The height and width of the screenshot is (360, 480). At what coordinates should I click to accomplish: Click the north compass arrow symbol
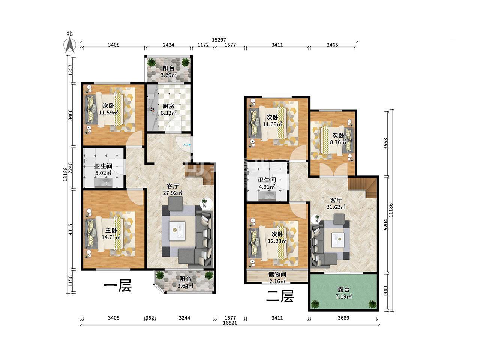click(70, 45)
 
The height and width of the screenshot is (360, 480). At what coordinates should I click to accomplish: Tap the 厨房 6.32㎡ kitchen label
click(168, 109)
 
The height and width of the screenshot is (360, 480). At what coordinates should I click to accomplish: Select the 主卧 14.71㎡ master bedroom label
click(111, 234)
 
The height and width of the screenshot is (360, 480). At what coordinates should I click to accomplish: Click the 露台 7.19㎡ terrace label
click(343, 293)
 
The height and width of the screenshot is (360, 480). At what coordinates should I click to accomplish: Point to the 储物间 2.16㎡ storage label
click(277, 277)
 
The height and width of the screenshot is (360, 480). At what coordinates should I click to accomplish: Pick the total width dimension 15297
click(219, 40)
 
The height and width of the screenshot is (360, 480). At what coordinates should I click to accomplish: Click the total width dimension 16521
click(230, 322)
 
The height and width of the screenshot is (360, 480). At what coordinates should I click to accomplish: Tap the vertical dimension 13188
click(65, 174)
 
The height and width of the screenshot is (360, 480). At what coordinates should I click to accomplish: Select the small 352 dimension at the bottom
click(150, 318)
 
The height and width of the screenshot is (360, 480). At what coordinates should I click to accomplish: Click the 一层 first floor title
click(118, 286)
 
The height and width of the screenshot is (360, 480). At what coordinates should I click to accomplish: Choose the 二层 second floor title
click(280, 296)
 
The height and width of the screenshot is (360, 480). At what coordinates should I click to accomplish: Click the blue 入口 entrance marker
click(187, 145)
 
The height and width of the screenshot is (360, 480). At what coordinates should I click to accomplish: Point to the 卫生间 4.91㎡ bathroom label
click(267, 183)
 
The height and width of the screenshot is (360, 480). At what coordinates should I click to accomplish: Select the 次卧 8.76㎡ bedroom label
click(338, 139)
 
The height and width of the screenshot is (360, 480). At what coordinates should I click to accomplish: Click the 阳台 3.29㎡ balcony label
click(168, 72)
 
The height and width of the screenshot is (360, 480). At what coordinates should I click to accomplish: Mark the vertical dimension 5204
click(386, 225)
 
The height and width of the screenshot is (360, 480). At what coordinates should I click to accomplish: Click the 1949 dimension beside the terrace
click(386, 291)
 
